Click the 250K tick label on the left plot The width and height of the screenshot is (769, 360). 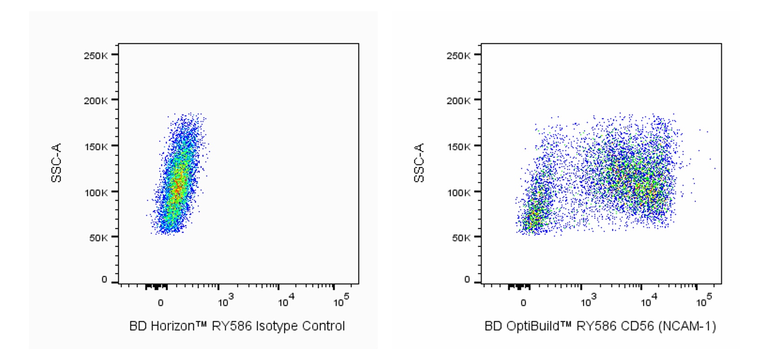tap(95, 55)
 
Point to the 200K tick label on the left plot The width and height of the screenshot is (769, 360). tap(95, 101)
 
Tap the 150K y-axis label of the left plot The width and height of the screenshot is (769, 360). tap(95, 147)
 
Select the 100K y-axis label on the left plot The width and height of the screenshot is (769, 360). tap(95, 192)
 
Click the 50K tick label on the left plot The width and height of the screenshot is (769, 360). tap(98, 238)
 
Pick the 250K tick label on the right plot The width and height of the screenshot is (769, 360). tap(458, 55)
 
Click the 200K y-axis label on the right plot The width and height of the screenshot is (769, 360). tap(458, 101)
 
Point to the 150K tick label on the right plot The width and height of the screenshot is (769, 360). tap(458, 147)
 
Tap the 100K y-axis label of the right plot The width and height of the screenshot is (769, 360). tap(458, 192)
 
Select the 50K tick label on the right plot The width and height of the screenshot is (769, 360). tap(460, 238)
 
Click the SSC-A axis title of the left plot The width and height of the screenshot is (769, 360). tap(56, 163)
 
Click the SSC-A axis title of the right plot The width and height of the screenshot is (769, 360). tap(419, 163)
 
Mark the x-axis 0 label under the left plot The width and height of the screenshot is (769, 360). tap(161, 303)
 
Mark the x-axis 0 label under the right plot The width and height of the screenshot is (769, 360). tap(523, 303)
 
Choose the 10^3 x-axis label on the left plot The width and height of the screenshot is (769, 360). tap(226, 301)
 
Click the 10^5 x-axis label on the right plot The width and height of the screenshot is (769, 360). tap(704, 301)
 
